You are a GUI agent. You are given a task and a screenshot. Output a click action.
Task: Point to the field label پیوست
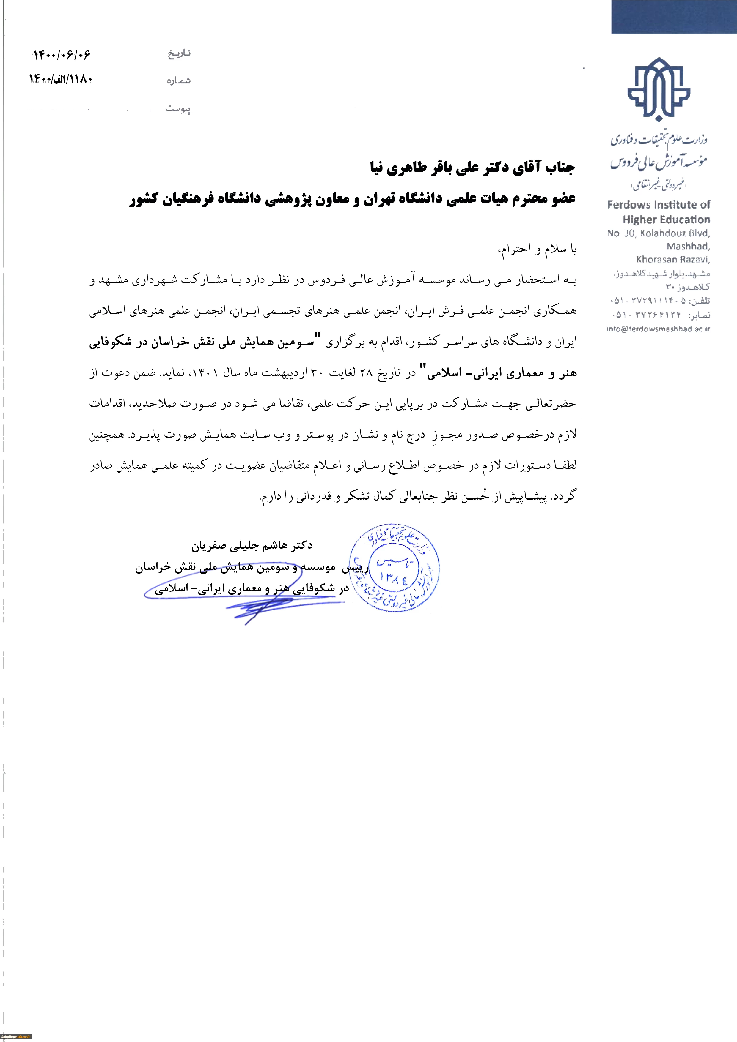(x=178, y=109)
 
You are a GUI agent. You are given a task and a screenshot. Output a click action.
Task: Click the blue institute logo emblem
(x=659, y=89)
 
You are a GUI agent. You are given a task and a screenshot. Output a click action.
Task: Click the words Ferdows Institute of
(x=659, y=205)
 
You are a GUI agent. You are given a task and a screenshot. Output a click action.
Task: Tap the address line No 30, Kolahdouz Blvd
(x=659, y=233)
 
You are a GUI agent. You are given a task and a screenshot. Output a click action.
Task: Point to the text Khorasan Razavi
(x=673, y=260)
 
